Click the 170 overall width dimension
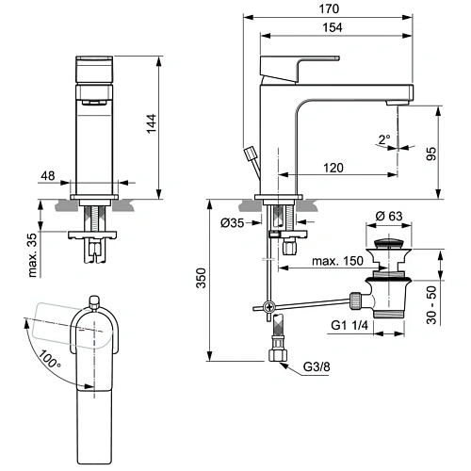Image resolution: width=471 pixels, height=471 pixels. pyautogui.click(x=329, y=8)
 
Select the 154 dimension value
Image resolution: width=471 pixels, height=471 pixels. pyautogui.click(x=329, y=29)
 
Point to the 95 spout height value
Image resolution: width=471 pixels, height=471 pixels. pyautogui.click(x=432, y=153)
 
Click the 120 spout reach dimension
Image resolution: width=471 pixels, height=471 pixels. pyautogui.click(x=330, y=168)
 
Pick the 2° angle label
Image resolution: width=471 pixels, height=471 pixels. pyautogui.click(x=383, y=139)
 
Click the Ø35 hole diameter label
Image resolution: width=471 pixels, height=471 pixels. pyautogui.click(x=233, y=223)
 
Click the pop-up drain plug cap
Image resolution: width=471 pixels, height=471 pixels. pyautogui.click(x=390, y=246)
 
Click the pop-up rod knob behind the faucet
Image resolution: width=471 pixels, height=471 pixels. pyautogui.click(x=250, y=152)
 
